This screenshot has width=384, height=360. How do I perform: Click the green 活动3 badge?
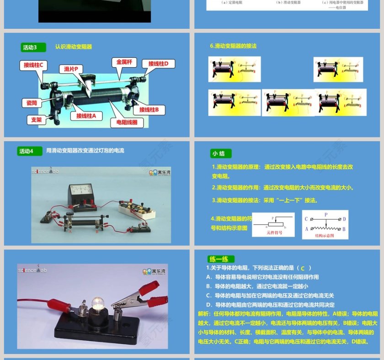(34, 47)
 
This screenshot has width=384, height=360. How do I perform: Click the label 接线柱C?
(33, 65)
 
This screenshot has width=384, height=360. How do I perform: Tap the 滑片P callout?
(71, 69)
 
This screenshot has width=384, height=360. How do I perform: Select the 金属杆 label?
(124, 62)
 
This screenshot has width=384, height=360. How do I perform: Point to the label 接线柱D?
(158, 64)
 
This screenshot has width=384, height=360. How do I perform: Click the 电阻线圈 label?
(127, 122)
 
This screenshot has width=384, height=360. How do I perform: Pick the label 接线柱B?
(149, 110)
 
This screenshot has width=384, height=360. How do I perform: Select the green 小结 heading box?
(221, 154)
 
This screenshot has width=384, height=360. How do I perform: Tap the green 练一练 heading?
(221, 259)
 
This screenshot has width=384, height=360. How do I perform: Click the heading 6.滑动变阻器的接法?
(233, 46)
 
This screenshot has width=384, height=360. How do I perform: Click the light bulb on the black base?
(97, 303)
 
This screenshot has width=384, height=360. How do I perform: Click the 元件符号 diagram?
(273, 224)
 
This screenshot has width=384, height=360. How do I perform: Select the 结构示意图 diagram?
(325, 224)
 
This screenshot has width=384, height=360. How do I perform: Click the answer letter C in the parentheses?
(302, 268)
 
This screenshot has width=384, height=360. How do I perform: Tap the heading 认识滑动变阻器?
(74, 47)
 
